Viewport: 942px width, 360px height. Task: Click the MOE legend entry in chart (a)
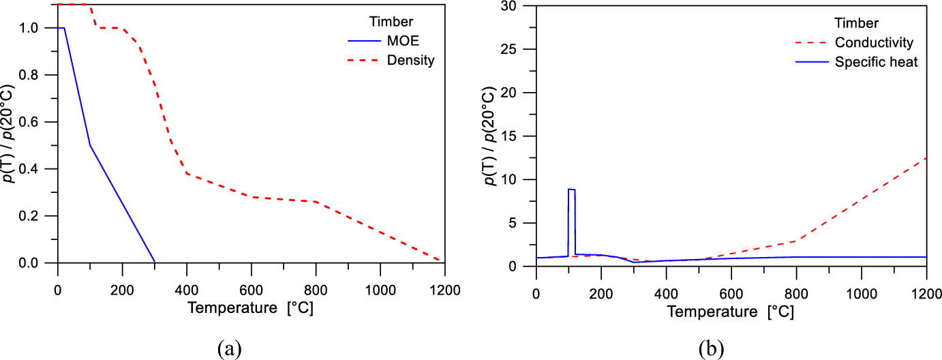click(403, 41)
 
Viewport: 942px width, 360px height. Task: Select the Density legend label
click(410, 60)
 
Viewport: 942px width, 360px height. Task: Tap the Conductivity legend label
click(874, 42)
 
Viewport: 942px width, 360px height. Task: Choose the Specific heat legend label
click(876, 62)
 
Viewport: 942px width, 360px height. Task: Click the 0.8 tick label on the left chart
click(28, 75)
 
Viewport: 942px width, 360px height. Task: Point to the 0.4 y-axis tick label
click(28, 169)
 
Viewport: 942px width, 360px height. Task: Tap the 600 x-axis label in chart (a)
click(251, 290)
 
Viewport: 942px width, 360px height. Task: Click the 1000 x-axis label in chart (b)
click(862, 294)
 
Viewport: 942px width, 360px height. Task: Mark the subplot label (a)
click(230, 348)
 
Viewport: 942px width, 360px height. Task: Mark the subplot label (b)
click(712, 348)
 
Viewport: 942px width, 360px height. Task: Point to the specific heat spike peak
click(571, 190)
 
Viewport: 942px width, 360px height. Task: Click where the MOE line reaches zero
click(155, 262)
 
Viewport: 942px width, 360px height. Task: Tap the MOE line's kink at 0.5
click(90, 145)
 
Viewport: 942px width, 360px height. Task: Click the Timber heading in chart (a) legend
click(391, 21)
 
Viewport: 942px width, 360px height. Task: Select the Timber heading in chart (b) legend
click(856, 22)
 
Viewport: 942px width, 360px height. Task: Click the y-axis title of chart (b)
click(490, 136)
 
